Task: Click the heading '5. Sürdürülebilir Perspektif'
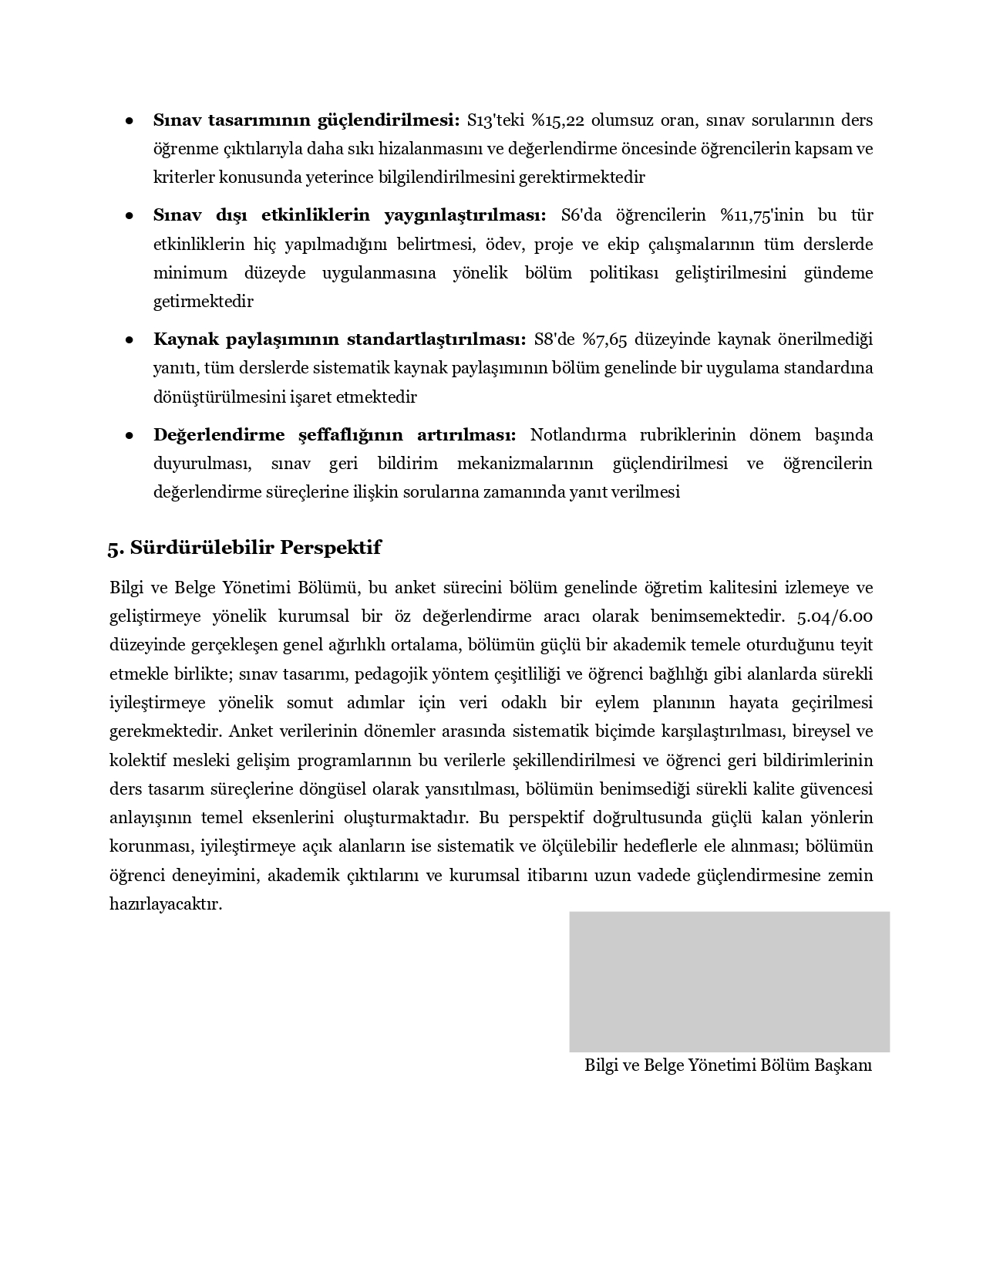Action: point(244,548)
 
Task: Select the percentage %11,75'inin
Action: point(751,215)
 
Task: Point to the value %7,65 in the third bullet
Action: point(605,339)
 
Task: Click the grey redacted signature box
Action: point(729,981)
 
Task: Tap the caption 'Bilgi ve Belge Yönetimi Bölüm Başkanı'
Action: point(728,1065)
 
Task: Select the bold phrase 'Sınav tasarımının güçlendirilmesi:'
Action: point(306,120)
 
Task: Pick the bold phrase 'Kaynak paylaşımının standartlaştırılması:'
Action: point(339,339)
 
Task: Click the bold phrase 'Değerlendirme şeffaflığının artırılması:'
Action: point(335,435)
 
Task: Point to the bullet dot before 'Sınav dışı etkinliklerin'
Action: point(130,216)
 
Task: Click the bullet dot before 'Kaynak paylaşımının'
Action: point(130,340)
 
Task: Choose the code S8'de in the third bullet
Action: point(554,339)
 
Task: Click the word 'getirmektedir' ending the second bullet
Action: point(203,302)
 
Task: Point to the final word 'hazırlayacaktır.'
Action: point(166,904)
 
